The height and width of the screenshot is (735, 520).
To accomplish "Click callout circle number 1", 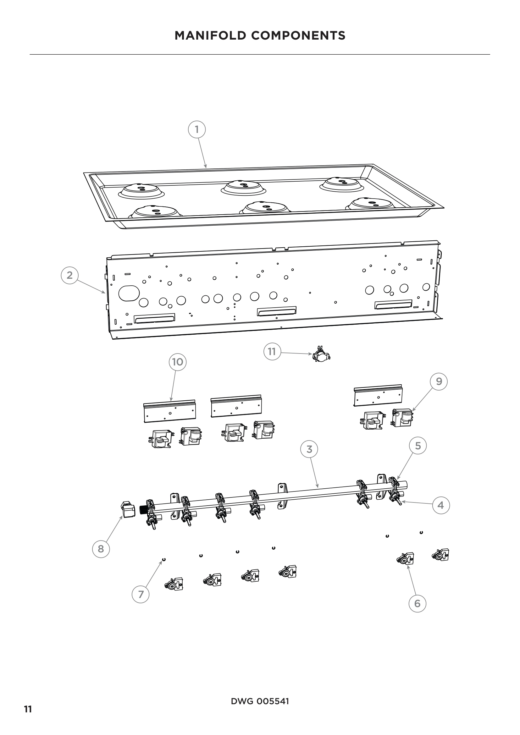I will (196, 129).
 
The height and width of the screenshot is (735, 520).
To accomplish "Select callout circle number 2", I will (69, 275).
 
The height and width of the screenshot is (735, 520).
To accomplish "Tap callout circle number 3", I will (309, 449).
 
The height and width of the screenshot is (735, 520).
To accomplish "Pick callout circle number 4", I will (440, 505).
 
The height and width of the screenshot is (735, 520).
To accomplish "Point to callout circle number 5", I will (418, 446).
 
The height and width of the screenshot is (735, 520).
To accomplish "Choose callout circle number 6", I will (417, 603).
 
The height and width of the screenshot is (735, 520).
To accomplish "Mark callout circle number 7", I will (141, 595).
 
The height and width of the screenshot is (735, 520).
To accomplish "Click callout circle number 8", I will (101, 549).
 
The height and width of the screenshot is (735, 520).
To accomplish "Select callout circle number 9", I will (439, 381).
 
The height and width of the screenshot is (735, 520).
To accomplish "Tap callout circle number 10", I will (177, 362).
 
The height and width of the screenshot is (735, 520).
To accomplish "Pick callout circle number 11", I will (272, 352).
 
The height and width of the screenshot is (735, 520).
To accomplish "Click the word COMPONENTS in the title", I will (298, 36).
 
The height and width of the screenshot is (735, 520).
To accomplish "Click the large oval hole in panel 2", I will (129, 293).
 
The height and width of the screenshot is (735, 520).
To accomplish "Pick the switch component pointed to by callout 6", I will (406, 559).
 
